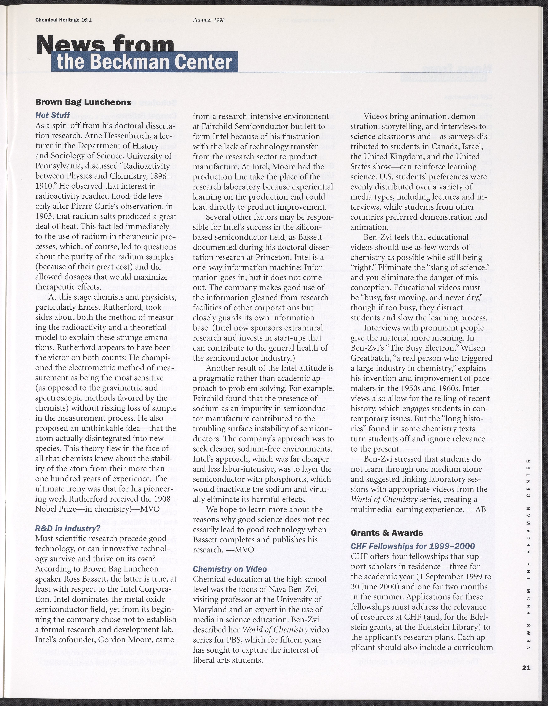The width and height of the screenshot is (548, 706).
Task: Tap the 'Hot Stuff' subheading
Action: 53,115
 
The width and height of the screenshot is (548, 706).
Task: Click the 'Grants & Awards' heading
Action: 387,533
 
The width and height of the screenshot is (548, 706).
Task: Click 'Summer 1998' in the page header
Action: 209,20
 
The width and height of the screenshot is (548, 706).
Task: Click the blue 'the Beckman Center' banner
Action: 144,62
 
